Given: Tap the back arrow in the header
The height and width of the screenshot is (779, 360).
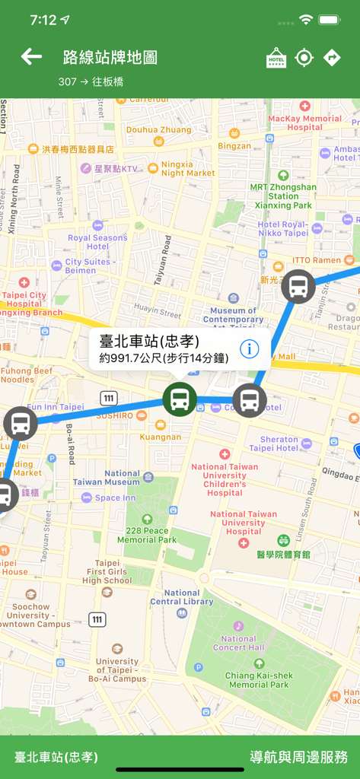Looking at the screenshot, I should (31, 57).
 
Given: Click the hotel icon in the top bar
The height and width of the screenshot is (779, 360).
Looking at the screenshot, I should (276, 58).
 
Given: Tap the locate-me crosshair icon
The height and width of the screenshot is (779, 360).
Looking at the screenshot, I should (304, 58).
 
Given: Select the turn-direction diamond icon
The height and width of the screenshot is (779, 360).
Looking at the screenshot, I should (332, 58).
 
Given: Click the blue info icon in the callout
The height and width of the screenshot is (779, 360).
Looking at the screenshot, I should (250, 349).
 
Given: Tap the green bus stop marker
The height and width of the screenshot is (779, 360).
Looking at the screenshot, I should (180, 399).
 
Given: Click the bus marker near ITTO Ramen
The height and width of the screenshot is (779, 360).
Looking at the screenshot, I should (298, 287).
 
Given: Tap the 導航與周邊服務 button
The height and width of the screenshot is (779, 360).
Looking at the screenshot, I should (299, 757).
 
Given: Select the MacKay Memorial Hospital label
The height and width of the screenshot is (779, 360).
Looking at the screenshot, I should (305, 122).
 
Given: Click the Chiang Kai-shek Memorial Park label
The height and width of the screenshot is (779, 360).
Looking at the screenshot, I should (259, 680).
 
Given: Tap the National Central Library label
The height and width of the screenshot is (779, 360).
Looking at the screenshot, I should (182, 597).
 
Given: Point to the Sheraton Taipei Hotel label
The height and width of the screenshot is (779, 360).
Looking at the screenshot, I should (279, 444).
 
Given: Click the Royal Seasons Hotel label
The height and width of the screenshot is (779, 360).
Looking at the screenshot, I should (97, 242).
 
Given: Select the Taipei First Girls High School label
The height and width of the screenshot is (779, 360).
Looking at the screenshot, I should (107, 571).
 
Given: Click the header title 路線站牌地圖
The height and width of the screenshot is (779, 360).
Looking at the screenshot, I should (110, 57).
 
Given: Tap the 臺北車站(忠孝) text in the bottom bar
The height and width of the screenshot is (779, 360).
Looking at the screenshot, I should (56, 757).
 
